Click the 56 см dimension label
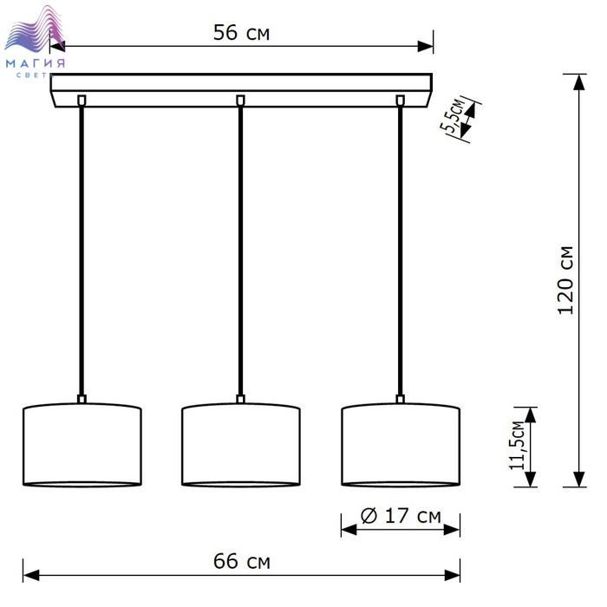(x=241, y=33)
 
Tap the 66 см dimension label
(x=242, y=561)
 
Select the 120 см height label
(x=565, y=280)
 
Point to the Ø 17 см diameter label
(x=401, y=516)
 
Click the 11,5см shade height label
(x=517, y=445)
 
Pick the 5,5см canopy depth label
(x=453, y=115)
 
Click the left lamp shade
(x=82, y=445)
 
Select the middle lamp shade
(x=241, y=445)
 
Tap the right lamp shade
(x=401, y=445)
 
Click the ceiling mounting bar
(x=242, y=90)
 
